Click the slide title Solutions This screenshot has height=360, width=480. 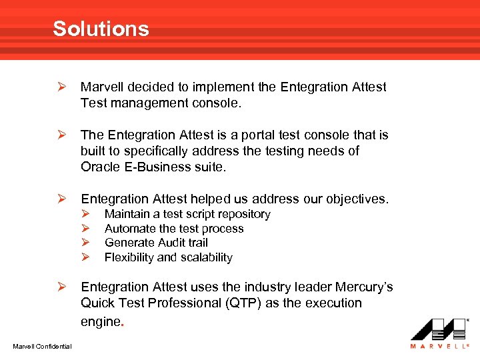101,29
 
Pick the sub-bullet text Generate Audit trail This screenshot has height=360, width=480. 156,243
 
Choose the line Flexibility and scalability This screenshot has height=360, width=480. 168,257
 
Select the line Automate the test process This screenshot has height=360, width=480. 174,229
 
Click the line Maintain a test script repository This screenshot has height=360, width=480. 187,214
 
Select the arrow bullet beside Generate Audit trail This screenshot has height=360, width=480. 86,243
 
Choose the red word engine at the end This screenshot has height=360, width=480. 99,321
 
